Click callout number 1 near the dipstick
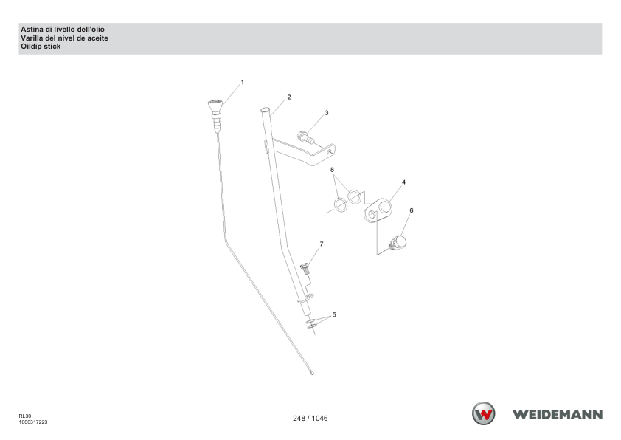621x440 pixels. click(243, 83)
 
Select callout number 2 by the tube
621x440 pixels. click(289, 97)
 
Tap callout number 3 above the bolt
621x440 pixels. click(327, 113)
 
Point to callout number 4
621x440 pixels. click(403, 182)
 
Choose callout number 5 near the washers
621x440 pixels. click(334, 314)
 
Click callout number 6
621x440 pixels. click(411, 210)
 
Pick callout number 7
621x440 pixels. click(321, 244)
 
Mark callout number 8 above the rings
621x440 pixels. click(332, 170)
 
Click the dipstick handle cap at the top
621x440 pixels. click(215, 105)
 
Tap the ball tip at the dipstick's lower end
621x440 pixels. click(312, 373)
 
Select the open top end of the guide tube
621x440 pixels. click(265, 110)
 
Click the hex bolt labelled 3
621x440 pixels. click(306, 137)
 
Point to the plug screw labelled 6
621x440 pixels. click(398, 243)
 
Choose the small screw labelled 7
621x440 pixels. click(305, 269)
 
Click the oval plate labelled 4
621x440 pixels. click(378, 210)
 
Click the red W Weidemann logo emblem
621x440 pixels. click(483, 413)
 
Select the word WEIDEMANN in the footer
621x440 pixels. click(558, 415)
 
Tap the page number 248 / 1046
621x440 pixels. click(310, 418)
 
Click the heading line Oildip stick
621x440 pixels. click(41, 47)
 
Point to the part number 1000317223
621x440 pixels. click(33, 422)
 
